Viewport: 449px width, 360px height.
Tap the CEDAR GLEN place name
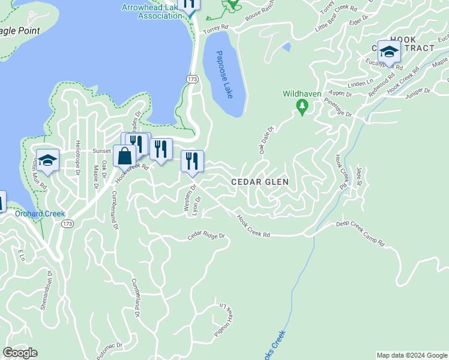[260, 182]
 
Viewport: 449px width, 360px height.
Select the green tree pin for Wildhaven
[302, 107]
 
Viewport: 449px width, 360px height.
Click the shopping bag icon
[124, 156]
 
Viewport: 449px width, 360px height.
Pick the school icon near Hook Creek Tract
[389, 52]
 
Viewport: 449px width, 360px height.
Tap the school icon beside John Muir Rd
[47, 160]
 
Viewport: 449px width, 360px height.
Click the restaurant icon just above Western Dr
[192, 161]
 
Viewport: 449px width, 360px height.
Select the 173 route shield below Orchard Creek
[67, 224]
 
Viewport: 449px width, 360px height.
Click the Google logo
[20, 353]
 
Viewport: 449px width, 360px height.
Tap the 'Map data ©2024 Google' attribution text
[411, 355]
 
